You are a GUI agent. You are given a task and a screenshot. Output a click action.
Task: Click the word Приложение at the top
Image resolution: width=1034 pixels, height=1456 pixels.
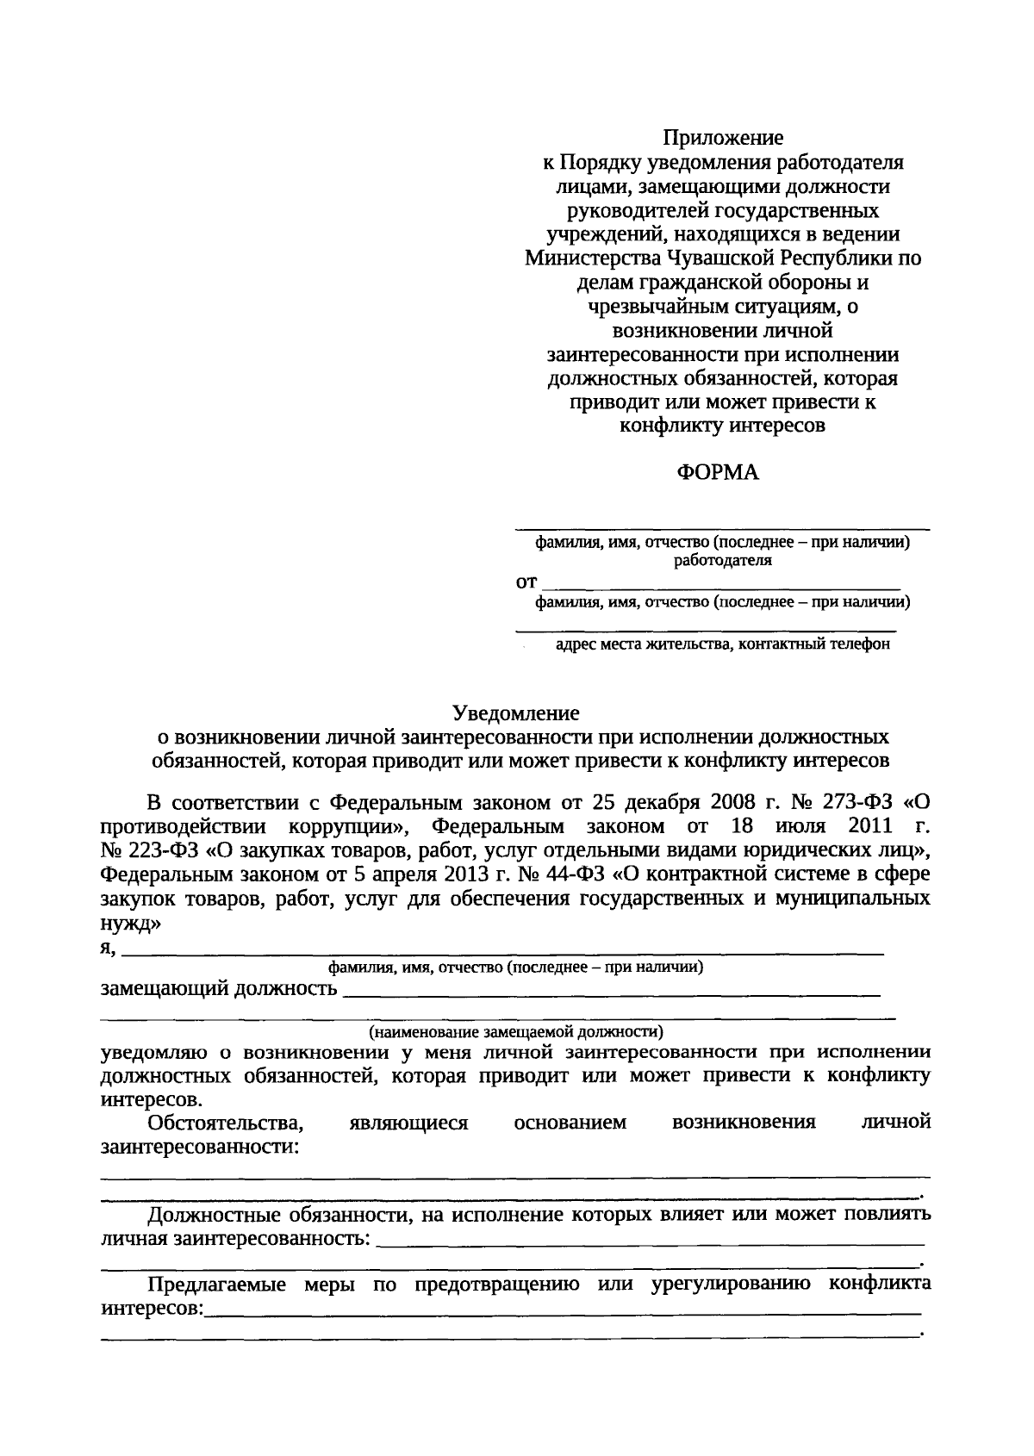coord(723,138)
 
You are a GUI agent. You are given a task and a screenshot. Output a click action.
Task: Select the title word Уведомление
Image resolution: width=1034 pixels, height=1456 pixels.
coord(516,713)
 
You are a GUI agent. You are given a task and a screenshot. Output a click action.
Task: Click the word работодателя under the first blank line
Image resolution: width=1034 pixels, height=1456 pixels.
coord(723,560)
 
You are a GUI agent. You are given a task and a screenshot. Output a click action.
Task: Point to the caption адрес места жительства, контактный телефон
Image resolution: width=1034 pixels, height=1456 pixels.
coord(723,644)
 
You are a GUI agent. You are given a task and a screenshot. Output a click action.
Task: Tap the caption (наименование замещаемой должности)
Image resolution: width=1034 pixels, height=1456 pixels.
coord(516,1031)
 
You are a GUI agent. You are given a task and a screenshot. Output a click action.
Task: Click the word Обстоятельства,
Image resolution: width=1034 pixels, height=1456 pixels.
coord(226,1123)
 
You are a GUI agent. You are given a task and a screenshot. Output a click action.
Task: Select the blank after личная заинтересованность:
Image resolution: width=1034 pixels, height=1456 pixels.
coord(651,1243)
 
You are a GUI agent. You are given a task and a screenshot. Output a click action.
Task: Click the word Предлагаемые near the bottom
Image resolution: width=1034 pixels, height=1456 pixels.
coord(220,1285)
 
